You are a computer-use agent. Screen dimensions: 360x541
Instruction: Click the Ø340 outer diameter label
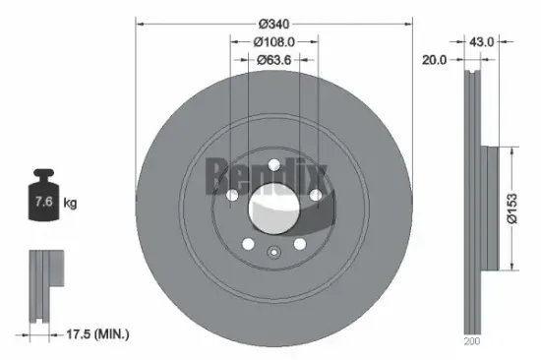(272, 24)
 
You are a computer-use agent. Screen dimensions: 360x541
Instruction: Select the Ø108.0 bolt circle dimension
(272, 42)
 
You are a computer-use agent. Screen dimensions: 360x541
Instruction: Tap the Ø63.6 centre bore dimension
(272, 59)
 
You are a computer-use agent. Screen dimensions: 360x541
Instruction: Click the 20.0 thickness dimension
(434, 59)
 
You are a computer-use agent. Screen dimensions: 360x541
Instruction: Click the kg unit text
(69, 203)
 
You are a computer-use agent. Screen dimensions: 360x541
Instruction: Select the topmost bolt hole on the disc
(273, 165)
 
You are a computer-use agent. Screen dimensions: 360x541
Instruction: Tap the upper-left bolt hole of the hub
(231, 196)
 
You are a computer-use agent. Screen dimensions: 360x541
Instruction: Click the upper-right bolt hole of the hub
(315, 196)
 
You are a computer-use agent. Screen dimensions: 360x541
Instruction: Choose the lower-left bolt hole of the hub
(248, 243)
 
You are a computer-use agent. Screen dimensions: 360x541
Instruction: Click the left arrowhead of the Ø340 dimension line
(140, 24)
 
